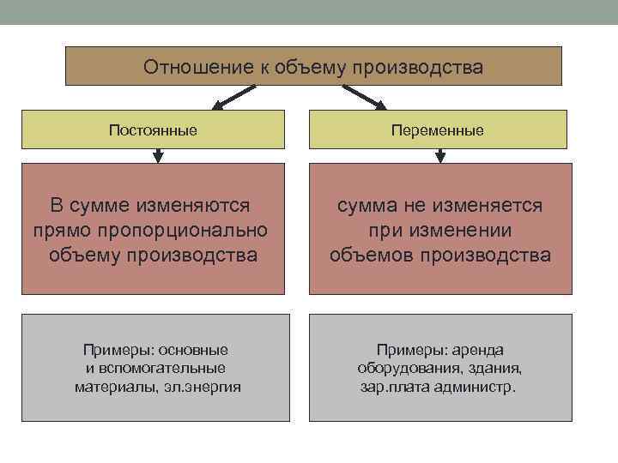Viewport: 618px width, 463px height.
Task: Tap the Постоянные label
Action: click(153, 130)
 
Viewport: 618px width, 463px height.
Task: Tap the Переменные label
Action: click(437, 130)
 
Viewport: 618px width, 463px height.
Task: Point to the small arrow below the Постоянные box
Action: click(157, 156)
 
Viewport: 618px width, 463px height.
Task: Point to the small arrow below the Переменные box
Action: click(440, 156)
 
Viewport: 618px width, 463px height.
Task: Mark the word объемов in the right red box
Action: click(372, 255)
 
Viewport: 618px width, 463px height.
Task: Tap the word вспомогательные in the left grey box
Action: click(164, 368)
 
